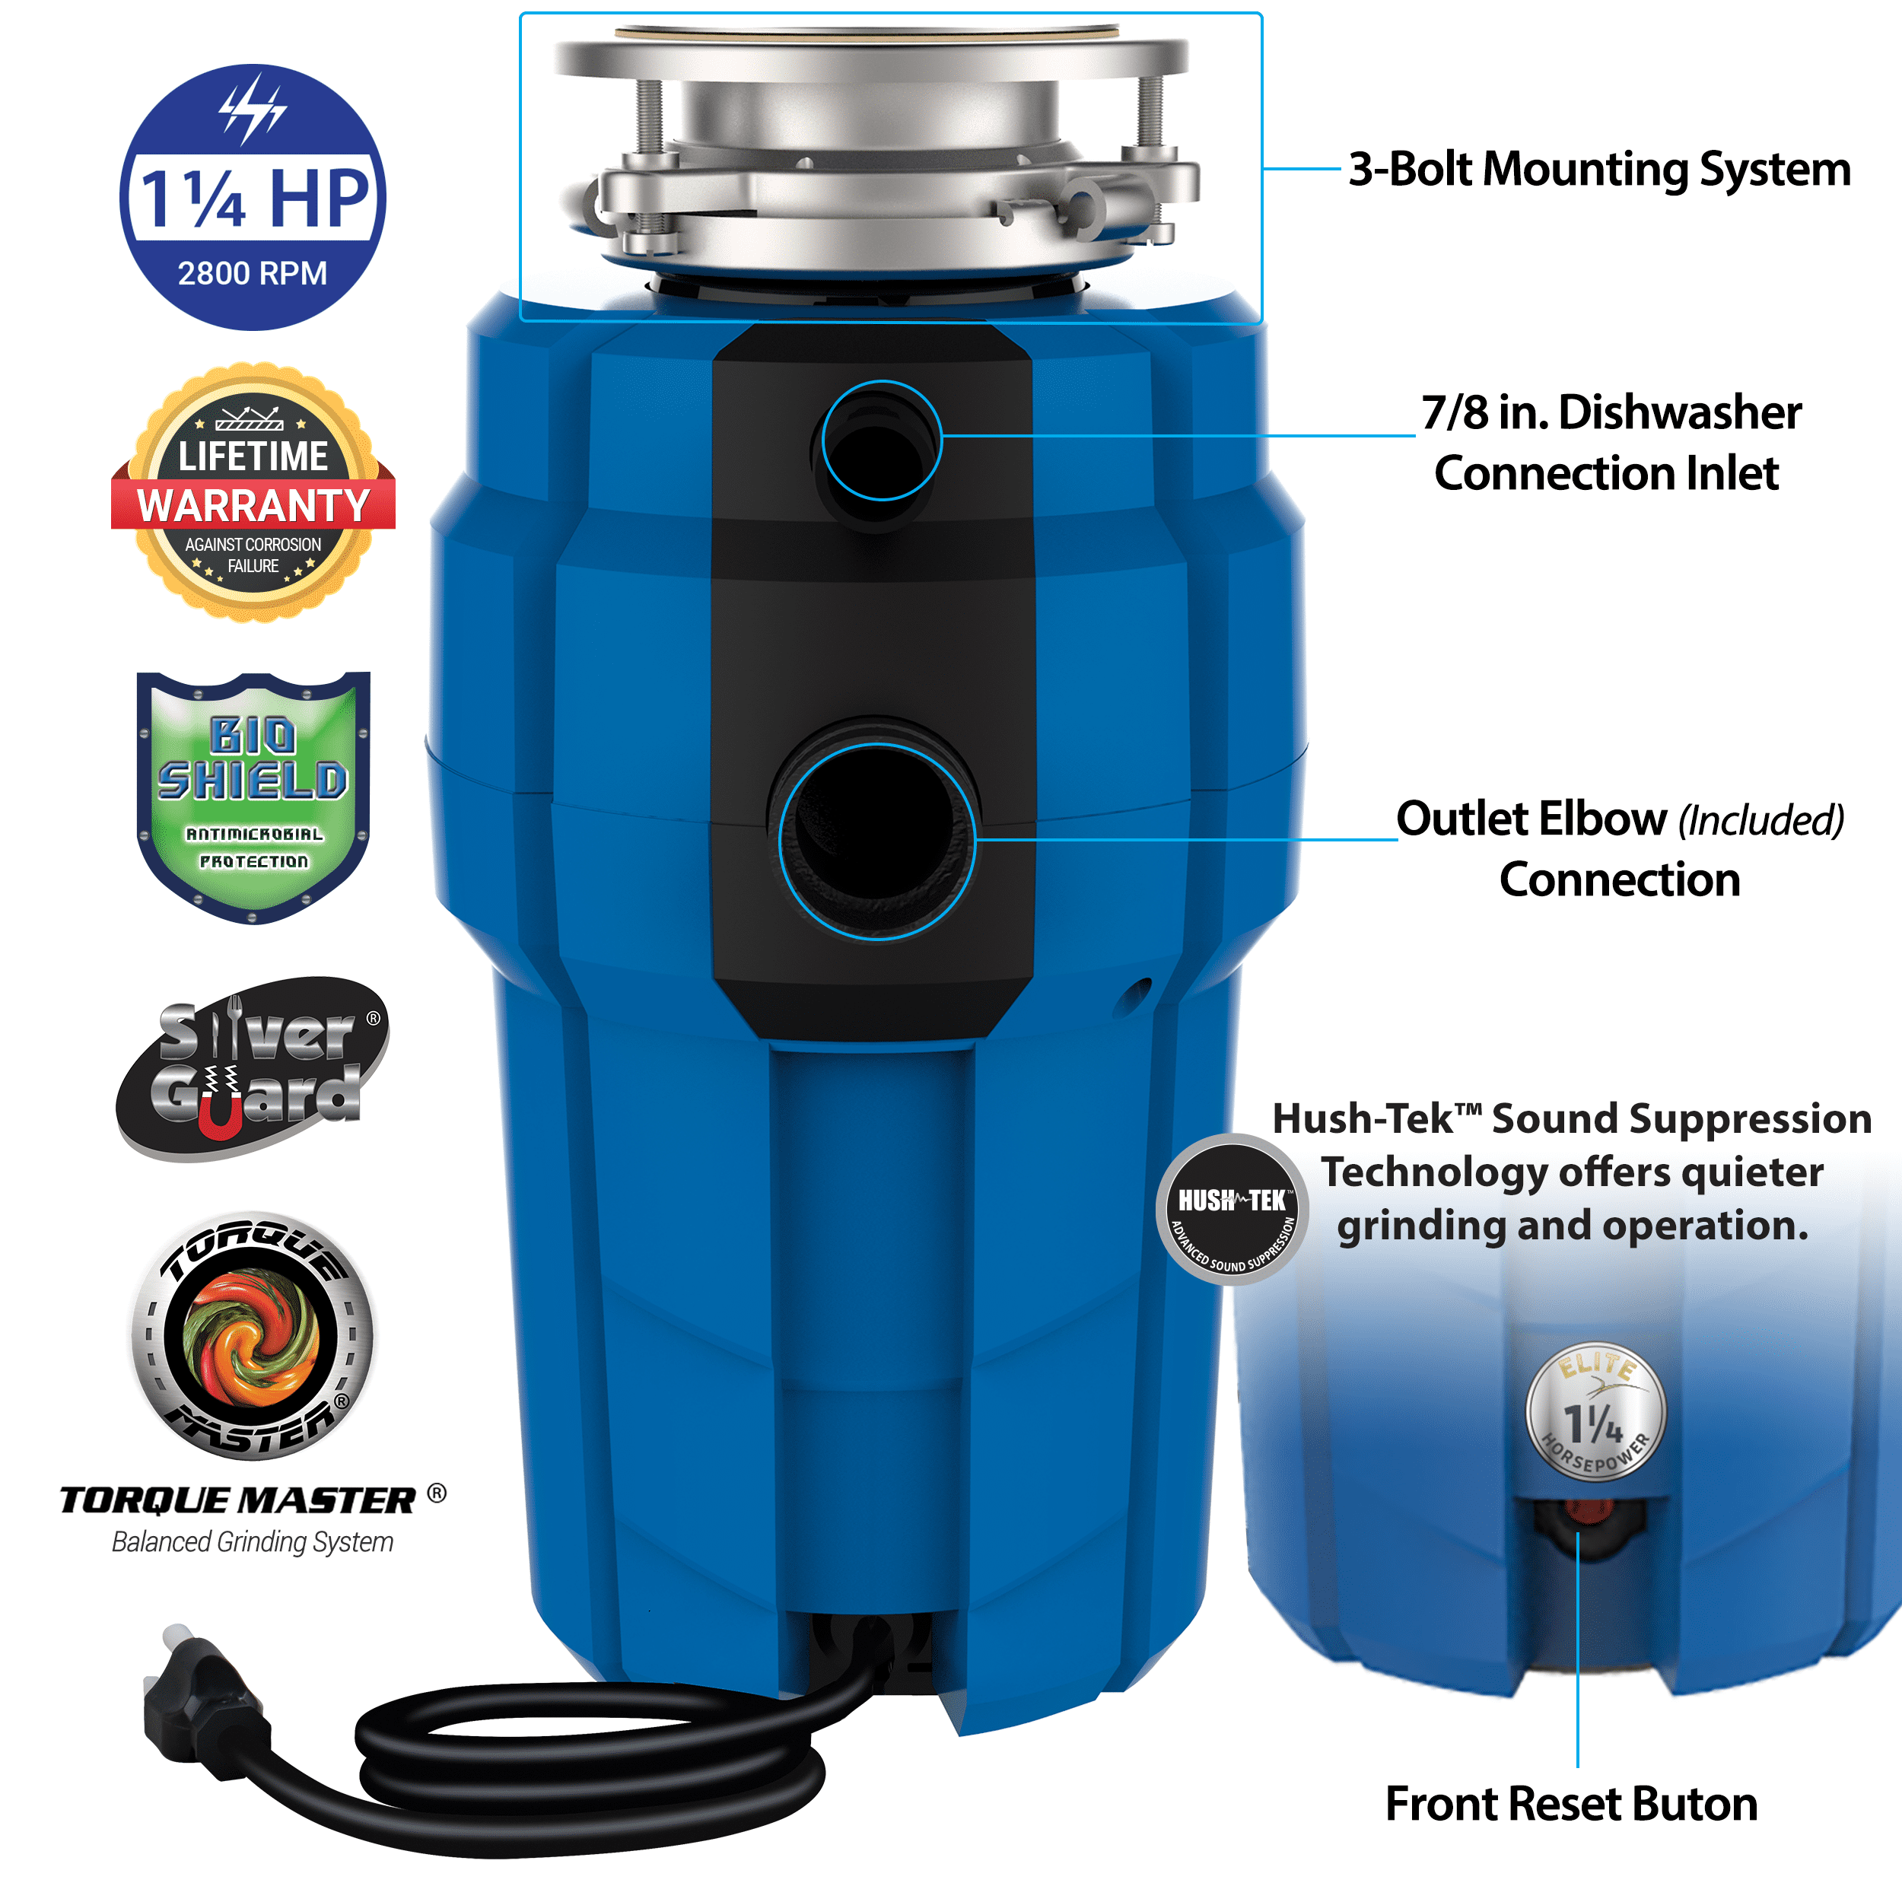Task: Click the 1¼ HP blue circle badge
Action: [253, 197]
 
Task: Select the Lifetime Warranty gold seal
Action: [253, 492]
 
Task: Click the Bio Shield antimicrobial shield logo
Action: [253, 797]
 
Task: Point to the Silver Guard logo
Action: [253, 1068]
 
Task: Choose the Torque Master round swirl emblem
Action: [253, 1336]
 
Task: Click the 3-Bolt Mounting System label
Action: [1600, 170]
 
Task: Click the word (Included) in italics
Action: [1761, 820]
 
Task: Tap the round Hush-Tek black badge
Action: [1232, 1209]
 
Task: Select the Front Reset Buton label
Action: [1571, 1805]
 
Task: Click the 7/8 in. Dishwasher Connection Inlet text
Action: [1610, 443]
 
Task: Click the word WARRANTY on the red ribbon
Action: [253, 505]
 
